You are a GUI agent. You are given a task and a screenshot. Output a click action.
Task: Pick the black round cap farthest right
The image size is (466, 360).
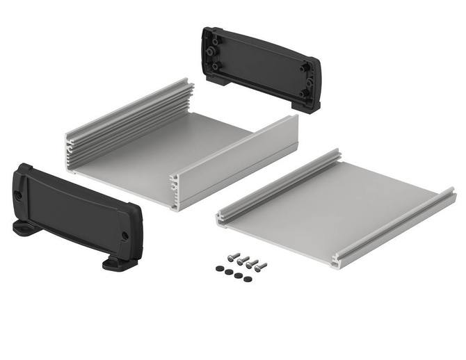[247, 279]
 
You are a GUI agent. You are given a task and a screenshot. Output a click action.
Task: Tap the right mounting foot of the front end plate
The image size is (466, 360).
[115, 263]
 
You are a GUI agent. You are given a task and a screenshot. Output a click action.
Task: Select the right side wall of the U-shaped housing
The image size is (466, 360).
[236, 163]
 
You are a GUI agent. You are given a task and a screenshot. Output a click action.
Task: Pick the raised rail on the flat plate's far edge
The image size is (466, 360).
[278, 184]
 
